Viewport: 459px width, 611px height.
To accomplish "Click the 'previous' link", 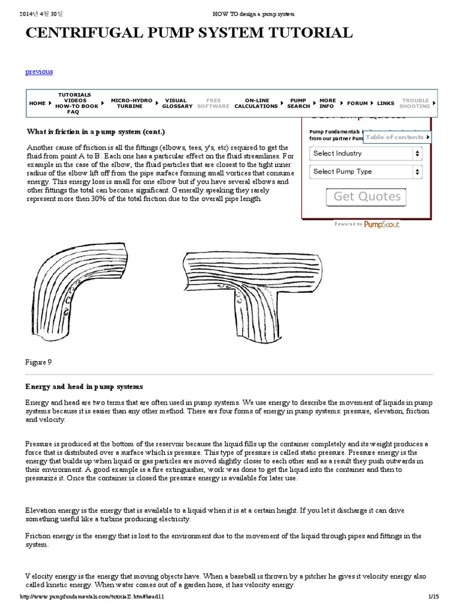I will click(39, 72).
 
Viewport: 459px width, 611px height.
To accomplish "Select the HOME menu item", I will click(37, 103).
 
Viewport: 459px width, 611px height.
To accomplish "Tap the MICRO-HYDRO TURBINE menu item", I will click(131, 103).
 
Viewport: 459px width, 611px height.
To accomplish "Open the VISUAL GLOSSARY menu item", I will click(177, 103).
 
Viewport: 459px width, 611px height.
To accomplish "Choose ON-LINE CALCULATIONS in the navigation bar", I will click(256, 103).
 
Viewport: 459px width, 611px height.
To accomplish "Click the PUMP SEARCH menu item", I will click(298, 103).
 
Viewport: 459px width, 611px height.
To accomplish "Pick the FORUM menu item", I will click(357, 103).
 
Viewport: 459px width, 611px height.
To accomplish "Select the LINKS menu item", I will click(385, 103).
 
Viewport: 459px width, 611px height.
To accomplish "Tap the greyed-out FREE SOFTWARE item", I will click(213, 103).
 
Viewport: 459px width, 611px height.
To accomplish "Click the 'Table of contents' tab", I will click(397, 137).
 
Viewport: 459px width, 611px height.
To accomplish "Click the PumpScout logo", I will click(382, 224).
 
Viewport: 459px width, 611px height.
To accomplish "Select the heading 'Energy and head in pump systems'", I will click(84, 387).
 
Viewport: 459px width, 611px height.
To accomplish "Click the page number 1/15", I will click(433, 597).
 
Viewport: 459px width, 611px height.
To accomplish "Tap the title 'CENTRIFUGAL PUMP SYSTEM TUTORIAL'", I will click(189, 32).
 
